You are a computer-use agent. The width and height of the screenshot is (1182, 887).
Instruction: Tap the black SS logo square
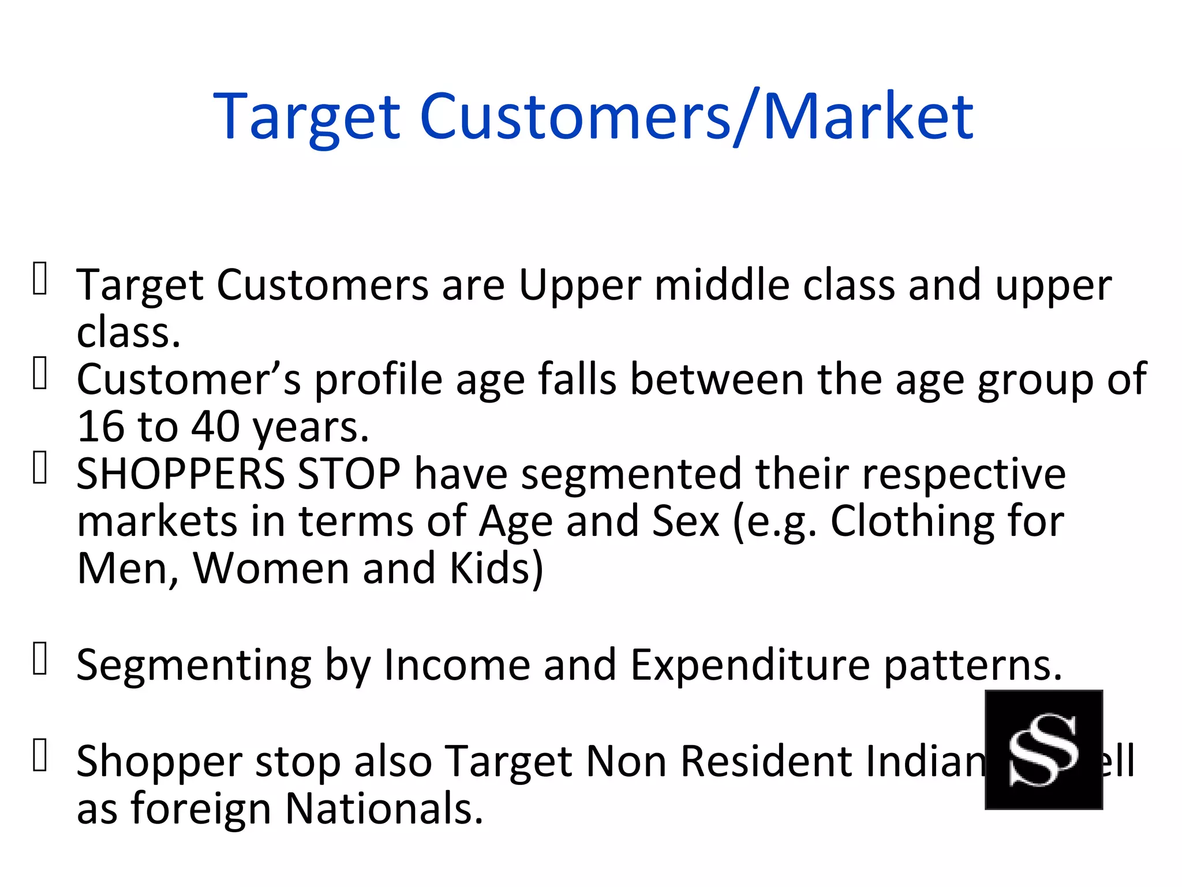coord(1043,750)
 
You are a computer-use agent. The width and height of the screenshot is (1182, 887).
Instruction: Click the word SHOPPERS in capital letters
coord(181,474)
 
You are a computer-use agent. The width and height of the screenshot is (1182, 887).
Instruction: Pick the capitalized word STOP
coord(349,474)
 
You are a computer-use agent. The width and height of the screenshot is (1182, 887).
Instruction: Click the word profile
coord(378,379)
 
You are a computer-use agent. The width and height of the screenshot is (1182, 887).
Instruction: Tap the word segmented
coord(631,474)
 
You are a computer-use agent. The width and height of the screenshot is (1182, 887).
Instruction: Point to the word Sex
coord(685,521)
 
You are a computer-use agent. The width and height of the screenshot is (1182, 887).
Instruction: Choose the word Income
coord(457,665)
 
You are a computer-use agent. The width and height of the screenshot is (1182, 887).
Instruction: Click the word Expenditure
coord(750,665)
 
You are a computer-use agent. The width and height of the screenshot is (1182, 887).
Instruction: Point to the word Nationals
coord(384,808)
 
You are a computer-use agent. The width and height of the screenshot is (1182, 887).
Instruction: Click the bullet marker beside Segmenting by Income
coord(40,658)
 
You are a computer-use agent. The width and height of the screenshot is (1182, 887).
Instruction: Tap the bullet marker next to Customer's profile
coord(40,373)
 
